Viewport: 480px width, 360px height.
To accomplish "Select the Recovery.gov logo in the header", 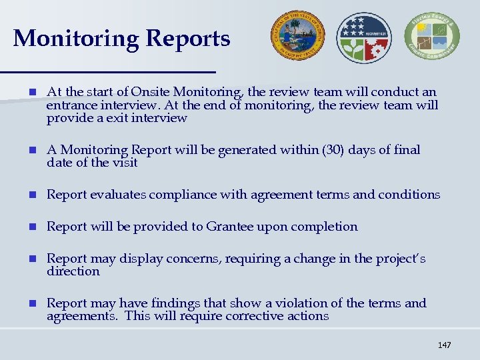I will [364, 37].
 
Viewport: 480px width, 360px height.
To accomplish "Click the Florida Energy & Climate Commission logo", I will [432, 37].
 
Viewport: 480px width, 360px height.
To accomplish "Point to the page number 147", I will [444, 345].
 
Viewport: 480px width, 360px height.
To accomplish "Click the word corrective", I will [266, 316].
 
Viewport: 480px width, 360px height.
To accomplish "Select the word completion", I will [326, 227].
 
